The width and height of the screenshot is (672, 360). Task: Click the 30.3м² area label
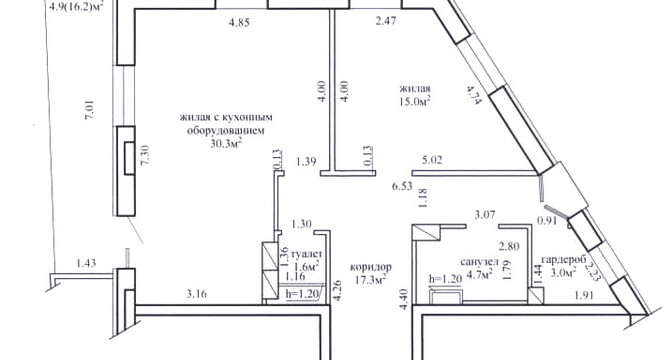click(225, 144)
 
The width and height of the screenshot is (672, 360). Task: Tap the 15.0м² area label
click(415, 101)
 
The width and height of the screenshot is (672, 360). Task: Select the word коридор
click(371, 267)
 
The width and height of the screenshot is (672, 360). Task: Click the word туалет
click(306, 254)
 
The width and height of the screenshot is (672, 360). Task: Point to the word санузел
click(480, 261)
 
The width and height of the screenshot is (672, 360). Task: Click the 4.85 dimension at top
click(239, 23)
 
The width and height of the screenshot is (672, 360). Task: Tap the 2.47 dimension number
click(385, 21)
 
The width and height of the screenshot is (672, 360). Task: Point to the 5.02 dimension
click(432, 161)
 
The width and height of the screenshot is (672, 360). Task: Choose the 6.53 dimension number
click(402, 186)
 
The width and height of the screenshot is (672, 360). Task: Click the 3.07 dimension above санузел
click(485, 214)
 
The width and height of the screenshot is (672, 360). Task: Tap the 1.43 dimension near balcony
click(86, 263)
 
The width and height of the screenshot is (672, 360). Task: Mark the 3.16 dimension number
click(197, 294)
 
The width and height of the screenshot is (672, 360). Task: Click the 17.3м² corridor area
click(371, 279)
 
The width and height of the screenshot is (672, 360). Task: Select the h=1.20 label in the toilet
click(302, 294)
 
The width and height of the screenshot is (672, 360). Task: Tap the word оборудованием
click(225, 130)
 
